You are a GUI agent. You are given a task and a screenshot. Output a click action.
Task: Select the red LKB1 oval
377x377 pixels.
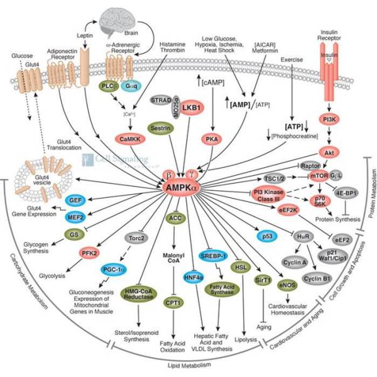[x=172, y=108]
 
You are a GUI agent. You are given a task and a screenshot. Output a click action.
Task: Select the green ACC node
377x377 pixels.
[x=175, y=218]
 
